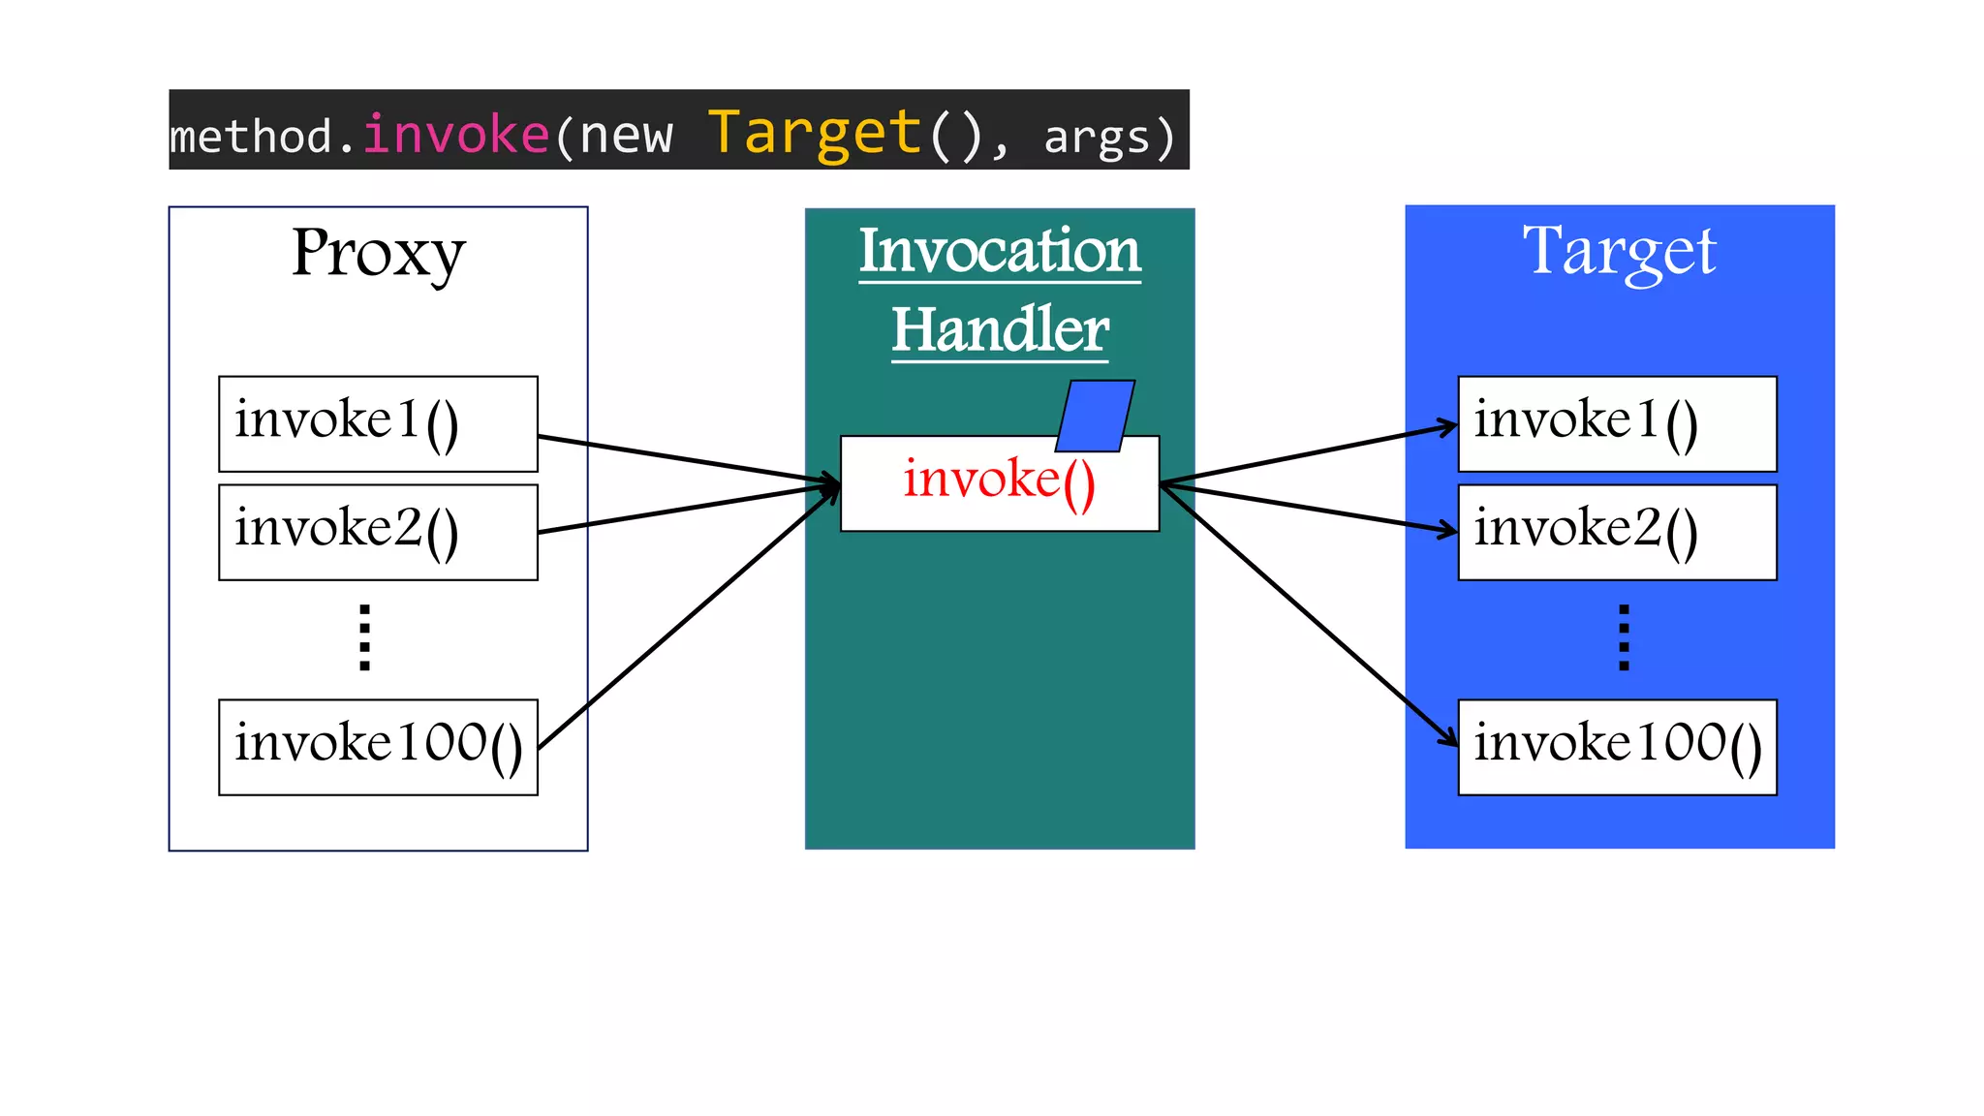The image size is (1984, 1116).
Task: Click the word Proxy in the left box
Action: coord(378,254)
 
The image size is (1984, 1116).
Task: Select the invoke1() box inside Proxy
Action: coord(378,423)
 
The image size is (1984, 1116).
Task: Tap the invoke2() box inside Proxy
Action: coord(378,532)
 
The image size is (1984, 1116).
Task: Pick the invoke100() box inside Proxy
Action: coord(378,747)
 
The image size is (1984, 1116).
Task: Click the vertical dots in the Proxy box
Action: coord(364,637)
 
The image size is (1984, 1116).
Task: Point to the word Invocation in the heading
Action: coord(1000,251)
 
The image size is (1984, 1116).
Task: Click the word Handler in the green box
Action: coord(1000,329)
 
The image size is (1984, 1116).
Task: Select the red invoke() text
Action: coord(999,480)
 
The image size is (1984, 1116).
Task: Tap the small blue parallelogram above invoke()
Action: coord(1095,416)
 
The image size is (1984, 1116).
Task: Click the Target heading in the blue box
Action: coord(1619,252)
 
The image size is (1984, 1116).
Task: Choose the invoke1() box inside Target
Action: coord(1617,423)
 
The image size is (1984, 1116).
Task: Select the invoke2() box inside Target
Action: coord(1617,532)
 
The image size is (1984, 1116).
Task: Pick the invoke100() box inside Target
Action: coord(1617,747)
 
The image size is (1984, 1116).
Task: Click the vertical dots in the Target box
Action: coord(1624,637)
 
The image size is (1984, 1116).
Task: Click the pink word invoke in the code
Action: coord(456,134)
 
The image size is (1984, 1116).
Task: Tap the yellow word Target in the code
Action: coord(815,134)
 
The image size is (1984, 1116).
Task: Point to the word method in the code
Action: coord(251,136)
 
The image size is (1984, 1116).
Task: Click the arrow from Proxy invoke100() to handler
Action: coord(688,620)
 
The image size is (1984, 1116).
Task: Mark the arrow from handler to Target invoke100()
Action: coord(1308,614)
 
